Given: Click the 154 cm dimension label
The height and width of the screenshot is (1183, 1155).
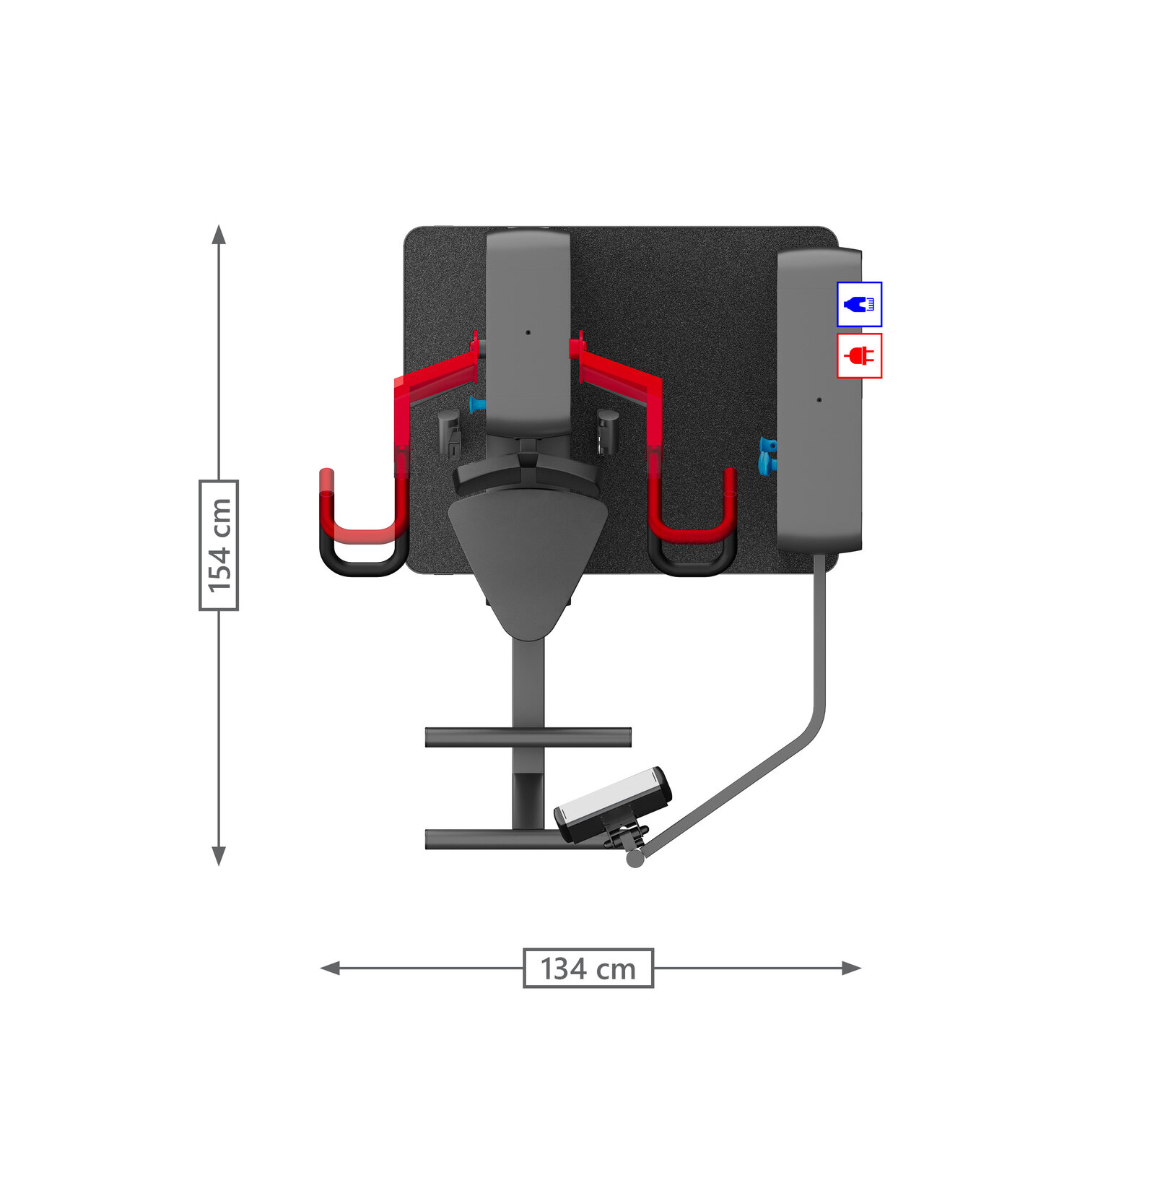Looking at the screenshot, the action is click(x=219, y=545).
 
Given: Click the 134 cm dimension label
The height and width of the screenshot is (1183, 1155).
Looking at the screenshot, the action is click(x=588, y=968).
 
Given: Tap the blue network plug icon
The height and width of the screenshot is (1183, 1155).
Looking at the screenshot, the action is click(x=859, y=304).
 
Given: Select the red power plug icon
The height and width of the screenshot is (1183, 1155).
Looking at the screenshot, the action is click(x=859, y=355).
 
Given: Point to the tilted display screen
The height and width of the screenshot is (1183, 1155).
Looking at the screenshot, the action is click(x=613, y=803).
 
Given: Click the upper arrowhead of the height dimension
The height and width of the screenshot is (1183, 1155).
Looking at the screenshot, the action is click(x=219, y=234).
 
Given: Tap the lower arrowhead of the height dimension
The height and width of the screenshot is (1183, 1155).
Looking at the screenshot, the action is click(x=219, y=856).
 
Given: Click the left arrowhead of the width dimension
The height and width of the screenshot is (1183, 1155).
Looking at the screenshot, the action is click(x=330, y=968).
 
